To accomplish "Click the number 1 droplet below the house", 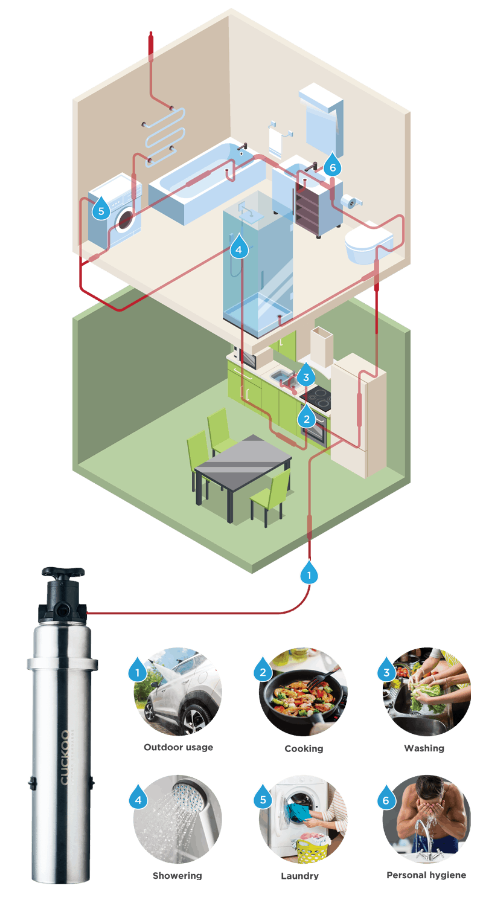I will tap(309, 574).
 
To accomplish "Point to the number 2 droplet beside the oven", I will tap(306, 416).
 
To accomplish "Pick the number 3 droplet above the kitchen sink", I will tap(306, 376).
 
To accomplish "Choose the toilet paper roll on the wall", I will tap(348, 201).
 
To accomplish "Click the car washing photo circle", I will tap(178, 692).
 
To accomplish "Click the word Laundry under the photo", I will tap(299, 875).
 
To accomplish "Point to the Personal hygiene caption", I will tap(426, 875).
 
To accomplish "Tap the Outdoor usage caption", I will tap(178, 748).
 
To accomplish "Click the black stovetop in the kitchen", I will tap(315, 398).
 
